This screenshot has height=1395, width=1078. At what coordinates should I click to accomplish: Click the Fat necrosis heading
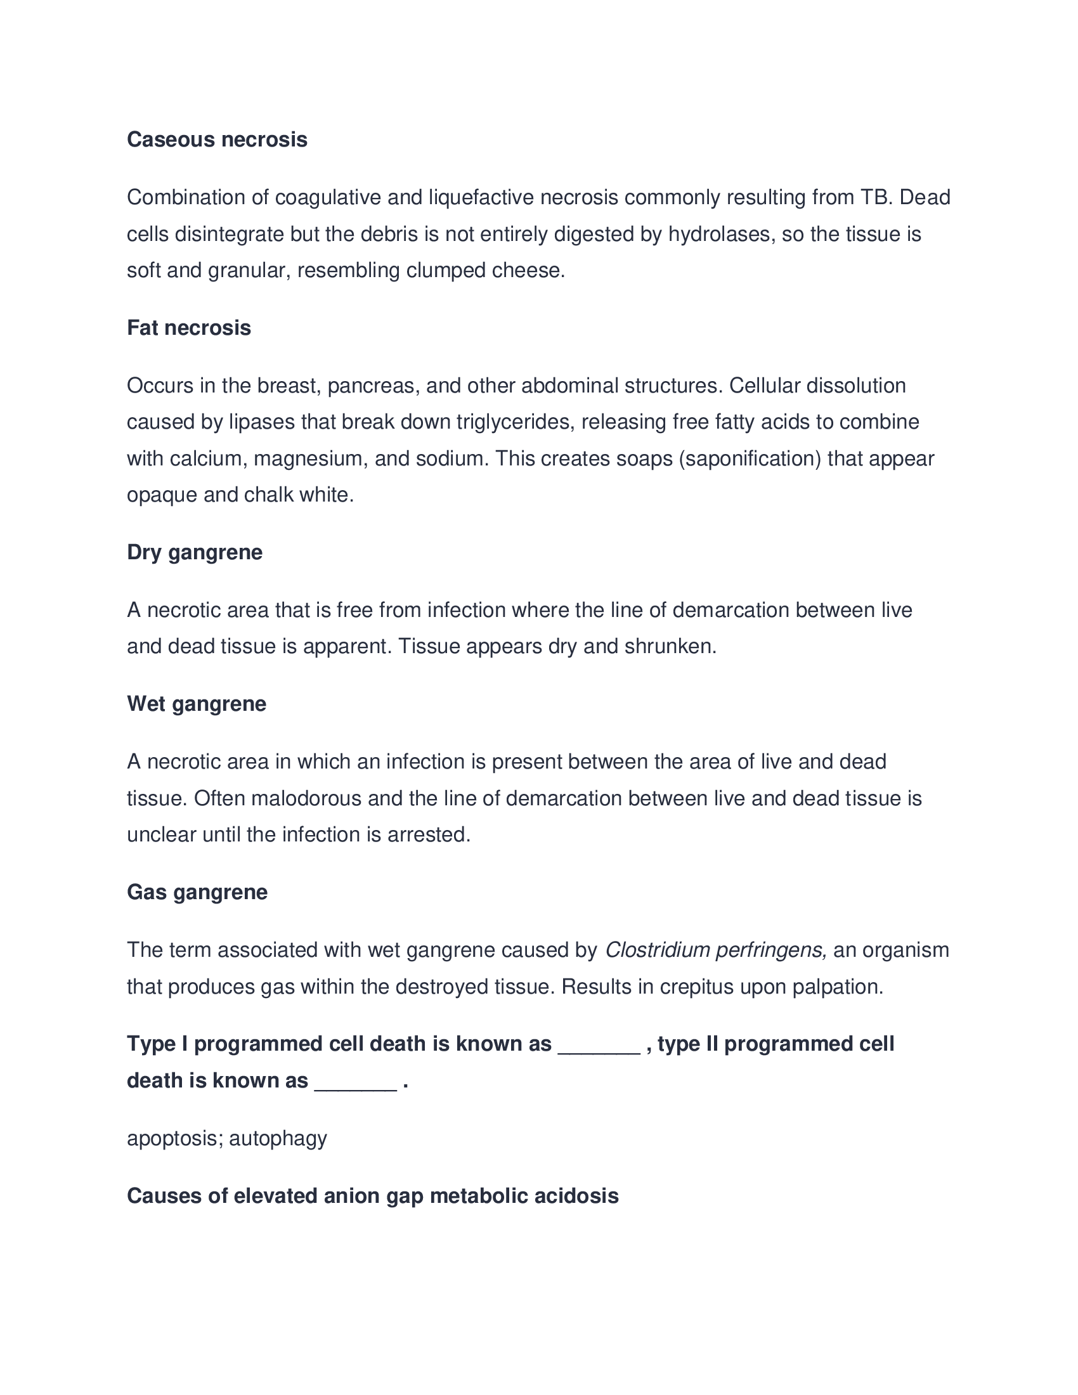[189, 328]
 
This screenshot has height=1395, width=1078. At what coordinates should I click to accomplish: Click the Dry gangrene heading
[195, 552]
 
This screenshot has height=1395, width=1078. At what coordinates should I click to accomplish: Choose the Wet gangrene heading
[197, 704]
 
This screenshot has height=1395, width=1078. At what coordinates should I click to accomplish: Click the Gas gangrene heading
[197, 892]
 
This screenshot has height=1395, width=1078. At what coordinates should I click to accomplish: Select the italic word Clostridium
[657, 951]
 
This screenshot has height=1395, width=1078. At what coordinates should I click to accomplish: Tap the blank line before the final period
[356, 1081]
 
